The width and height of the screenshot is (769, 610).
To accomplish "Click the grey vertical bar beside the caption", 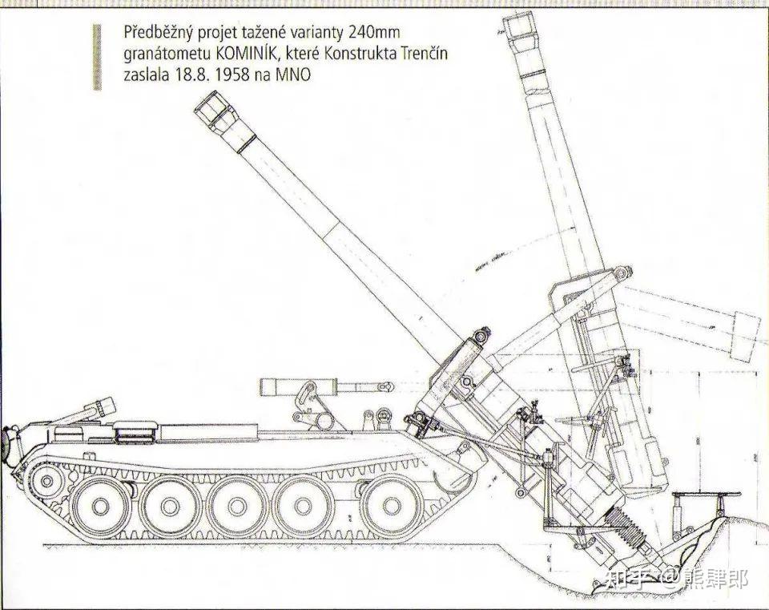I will [x=97, y=56].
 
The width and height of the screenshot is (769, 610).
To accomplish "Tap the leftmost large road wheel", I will [x=100, y=507].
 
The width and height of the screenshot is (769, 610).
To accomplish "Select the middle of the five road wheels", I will [x=245, y=507].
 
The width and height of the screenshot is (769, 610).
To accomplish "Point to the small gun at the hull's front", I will [x=88, y=410].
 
